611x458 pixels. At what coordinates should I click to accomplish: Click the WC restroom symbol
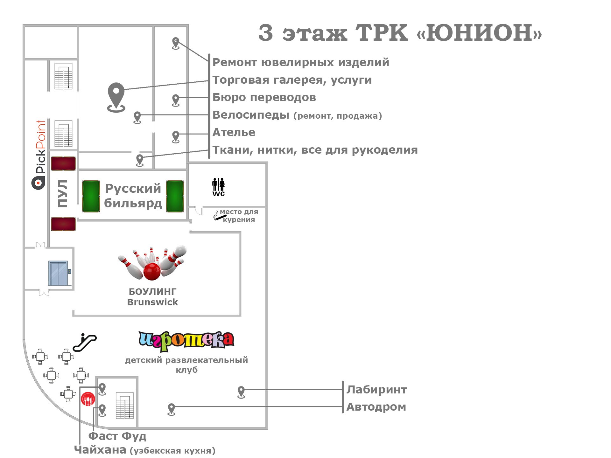click(x=218, y=187)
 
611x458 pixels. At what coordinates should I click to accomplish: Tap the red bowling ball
click(x=152, y=271)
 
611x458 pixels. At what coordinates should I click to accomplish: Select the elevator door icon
click(x=58, y=273)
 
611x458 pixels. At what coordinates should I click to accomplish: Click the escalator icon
click(x=85, y=343)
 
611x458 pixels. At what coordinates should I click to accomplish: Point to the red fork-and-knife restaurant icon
click(x=88, y=399)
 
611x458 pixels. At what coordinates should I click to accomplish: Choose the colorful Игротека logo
click(x=186, y=341)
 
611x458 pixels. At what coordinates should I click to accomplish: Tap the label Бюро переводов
click(x=264, y=97)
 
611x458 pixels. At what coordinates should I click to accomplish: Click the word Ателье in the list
click(x=234, y=132)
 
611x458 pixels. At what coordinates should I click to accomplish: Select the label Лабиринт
click(x=376, y=390)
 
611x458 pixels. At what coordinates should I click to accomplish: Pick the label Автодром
click(x=376, y=407)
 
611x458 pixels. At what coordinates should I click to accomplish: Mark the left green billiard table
click(x=91, y=196)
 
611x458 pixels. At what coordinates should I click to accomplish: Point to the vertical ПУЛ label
click(x=63, y=193)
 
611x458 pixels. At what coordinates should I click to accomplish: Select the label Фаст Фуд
click(x=117, y=436)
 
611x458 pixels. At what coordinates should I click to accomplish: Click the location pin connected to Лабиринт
click(x=241, y=392)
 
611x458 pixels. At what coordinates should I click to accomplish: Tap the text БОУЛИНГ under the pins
click(x=152, y=292)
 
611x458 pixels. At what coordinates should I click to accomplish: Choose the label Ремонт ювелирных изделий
click(x=301, y=62)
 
